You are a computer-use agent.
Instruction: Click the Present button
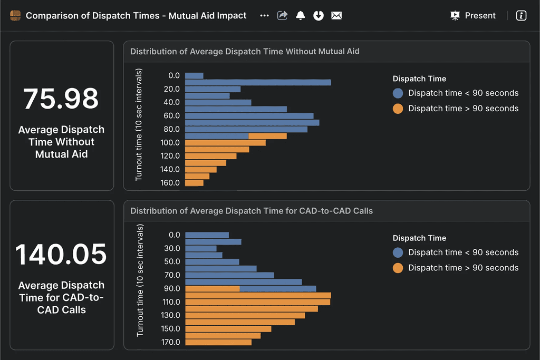pyautogui.click(x=473, y=16)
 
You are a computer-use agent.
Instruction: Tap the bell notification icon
pyautogui.click(x=301, y=16)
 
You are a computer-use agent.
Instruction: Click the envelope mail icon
pyautogui.click(x=336, y=16)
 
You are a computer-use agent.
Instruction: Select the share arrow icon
pyautogui.click(x=283, y=16)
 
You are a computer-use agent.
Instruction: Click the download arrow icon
pyautogui.click(x=318, y=16)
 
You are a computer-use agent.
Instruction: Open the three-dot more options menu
pyautogui.click(x=264, y=16)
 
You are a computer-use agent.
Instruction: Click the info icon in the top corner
pyautogui.click(x=521, y=16)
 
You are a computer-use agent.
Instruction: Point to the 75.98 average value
pyautogui.click(x=61, y=99)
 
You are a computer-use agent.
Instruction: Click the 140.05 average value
pyautogui.click(x=61, y=255)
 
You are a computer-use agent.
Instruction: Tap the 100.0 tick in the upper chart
pyautogui.click(x=170, y=143)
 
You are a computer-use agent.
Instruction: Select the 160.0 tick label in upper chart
pyautogui.click(x=170, y=183)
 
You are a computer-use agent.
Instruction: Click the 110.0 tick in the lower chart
pyautogui.click(x=170, y=302)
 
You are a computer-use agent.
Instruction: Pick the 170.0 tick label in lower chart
pyautogui.click(x=170, y=342)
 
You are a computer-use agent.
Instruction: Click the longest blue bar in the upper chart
pyautogui.click(x=258, y=82)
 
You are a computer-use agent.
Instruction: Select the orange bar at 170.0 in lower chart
pyautogui.click(x=218, y=342)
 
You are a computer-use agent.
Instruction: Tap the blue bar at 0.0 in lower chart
pyautogui.click(x=207, y=235)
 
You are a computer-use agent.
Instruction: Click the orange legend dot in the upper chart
pyautogui.click(x=398, y=109)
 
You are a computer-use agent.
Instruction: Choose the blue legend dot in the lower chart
pyautogui.click(x=398, y=252)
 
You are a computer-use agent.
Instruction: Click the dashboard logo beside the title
pyautogui.click(x=15, y=16)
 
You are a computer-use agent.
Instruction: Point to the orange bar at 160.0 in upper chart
pyautogui.click(x=194, y=183)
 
